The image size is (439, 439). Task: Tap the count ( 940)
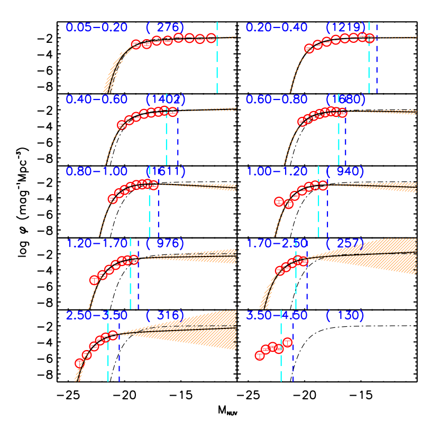point(345,171)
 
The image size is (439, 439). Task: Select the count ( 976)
point(164,243)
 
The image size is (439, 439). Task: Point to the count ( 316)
point(164,315)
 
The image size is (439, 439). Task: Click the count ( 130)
point(345,315)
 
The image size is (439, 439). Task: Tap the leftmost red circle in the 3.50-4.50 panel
point(260,355)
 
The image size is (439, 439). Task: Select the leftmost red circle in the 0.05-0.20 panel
point(136,44)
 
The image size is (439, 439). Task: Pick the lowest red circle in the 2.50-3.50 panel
point(80,363)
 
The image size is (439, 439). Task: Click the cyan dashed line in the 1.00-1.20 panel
point(318,212)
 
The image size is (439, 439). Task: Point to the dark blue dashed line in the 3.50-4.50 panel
point(293,360)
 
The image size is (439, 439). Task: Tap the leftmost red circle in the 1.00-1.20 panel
point(279,202)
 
